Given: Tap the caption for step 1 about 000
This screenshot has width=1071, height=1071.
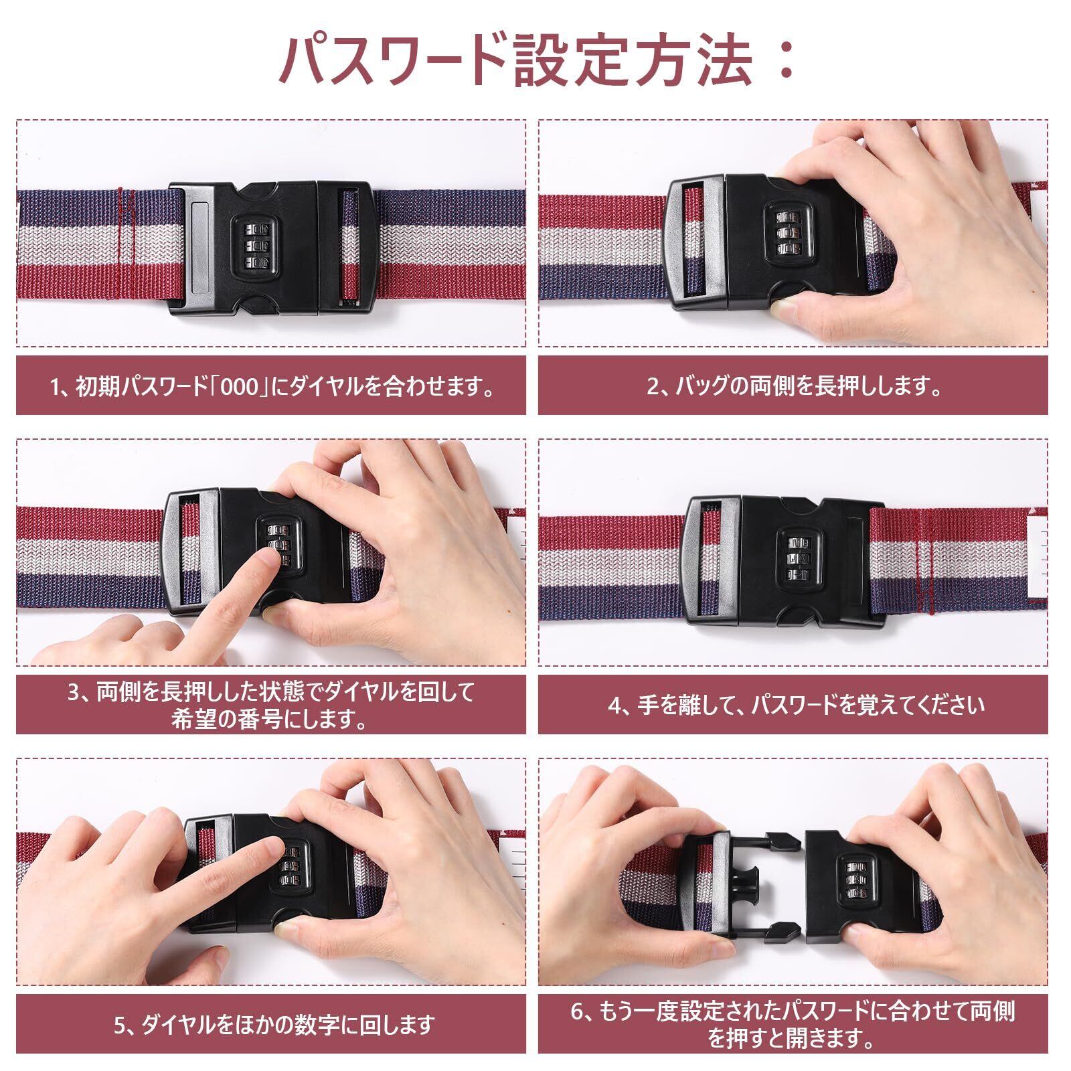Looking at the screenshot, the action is [x=272, y=386].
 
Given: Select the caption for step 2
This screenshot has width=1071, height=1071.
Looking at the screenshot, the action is [x=793, y=386].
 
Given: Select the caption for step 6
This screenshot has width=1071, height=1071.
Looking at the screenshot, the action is [x=793, y=1023].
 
